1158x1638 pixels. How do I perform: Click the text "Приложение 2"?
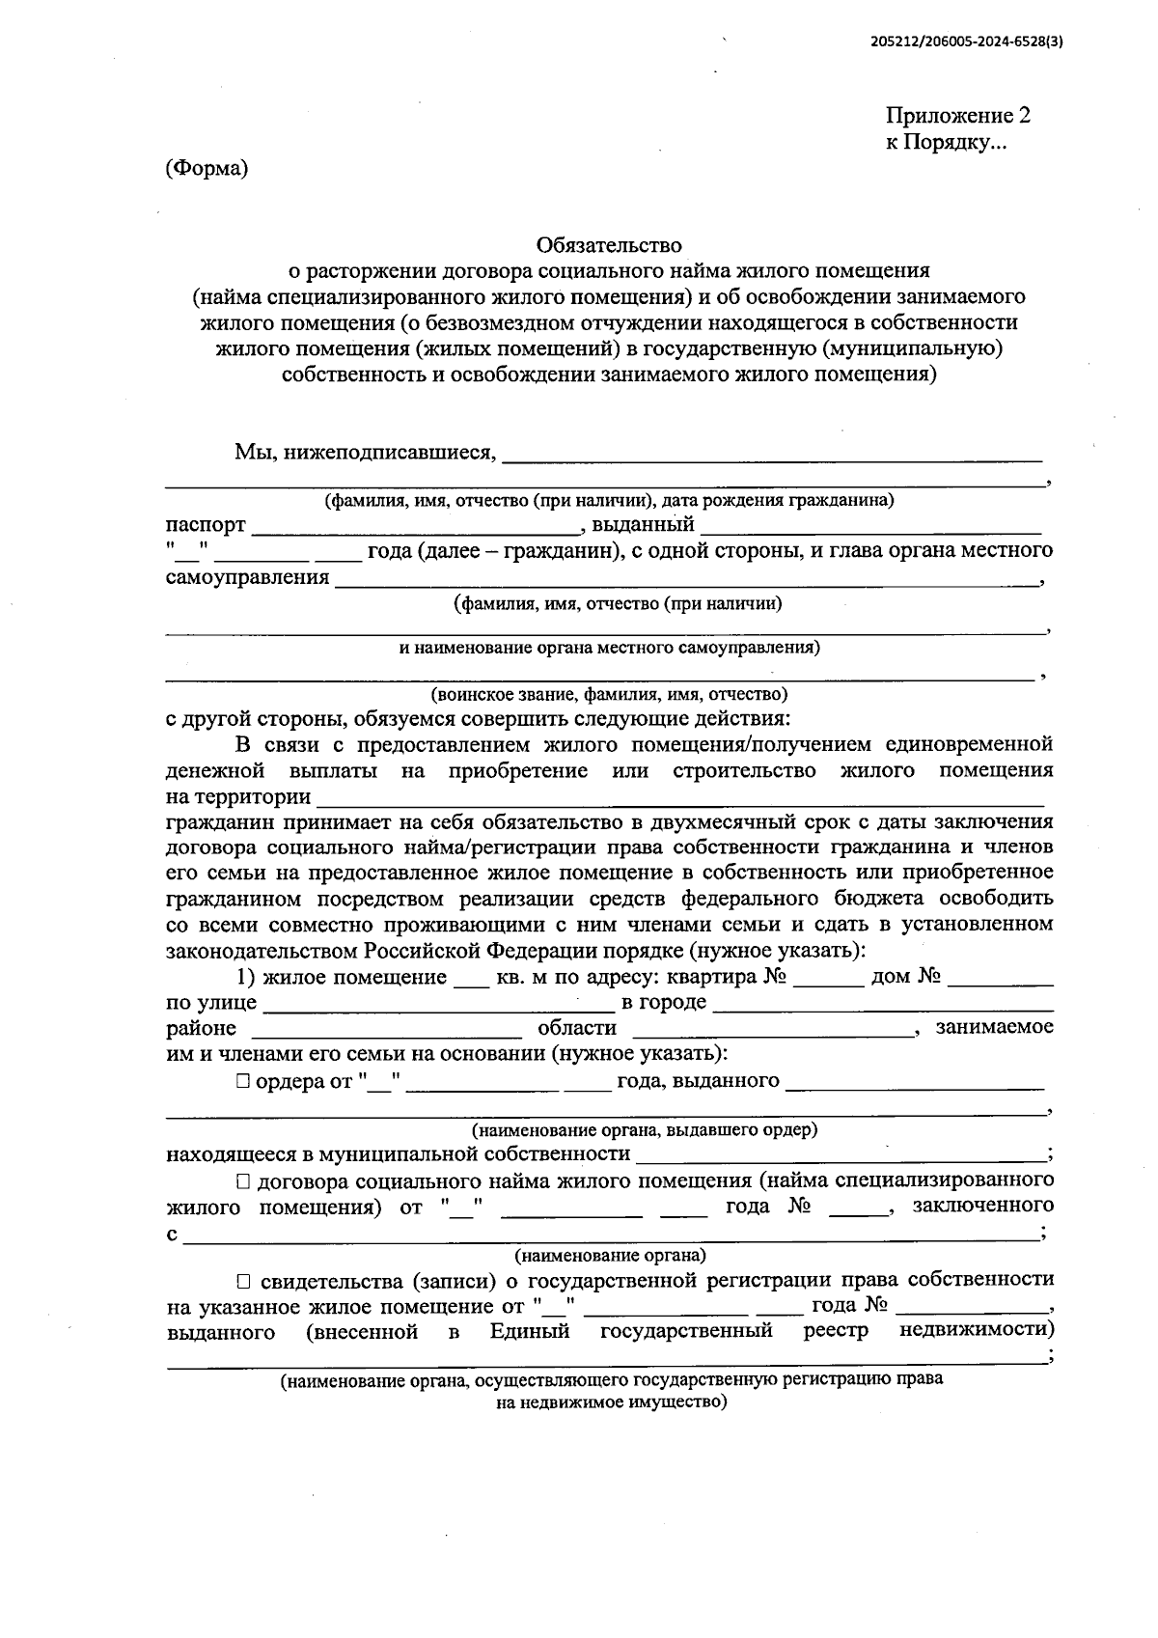pyautogui.click(x=958, y=116)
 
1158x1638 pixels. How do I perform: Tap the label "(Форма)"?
pyautogui.click(x=207, y=168)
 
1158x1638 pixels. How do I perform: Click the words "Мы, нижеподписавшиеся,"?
pyautogui.click(x=365, y=451)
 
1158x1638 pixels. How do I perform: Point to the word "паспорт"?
pyautogui.click(x=206, y=525)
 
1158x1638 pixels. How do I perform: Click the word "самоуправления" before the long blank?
pyautogui.click(x=248, y=577)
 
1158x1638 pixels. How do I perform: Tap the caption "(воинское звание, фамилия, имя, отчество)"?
pyautogui.click(x=609, y=694)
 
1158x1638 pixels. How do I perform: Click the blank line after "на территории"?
pyautogui.click(x=680, y=799)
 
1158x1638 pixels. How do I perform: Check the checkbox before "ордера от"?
pyautogui.click(x=242, y=1081)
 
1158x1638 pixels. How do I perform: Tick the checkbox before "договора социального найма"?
pyautogui.click(x=242, y=1180)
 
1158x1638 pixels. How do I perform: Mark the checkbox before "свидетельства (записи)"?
pyautogui.click(x=242, y=1281)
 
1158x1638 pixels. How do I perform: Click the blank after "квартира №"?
pyautogui.click(x=829, y=979)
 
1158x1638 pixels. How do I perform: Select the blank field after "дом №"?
pyautogui.click(x=1001, y=979)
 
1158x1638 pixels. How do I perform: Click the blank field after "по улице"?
pyautogui.click(x=438, y=1005)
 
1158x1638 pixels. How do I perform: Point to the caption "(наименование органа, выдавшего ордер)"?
pyautogui.click(x=645, y=1129)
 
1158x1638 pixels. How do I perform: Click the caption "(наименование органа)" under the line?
pyautogui.click(x=609, y=1256)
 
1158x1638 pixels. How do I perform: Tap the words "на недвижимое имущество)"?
pyautogui.click(x=611, y=1402)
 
